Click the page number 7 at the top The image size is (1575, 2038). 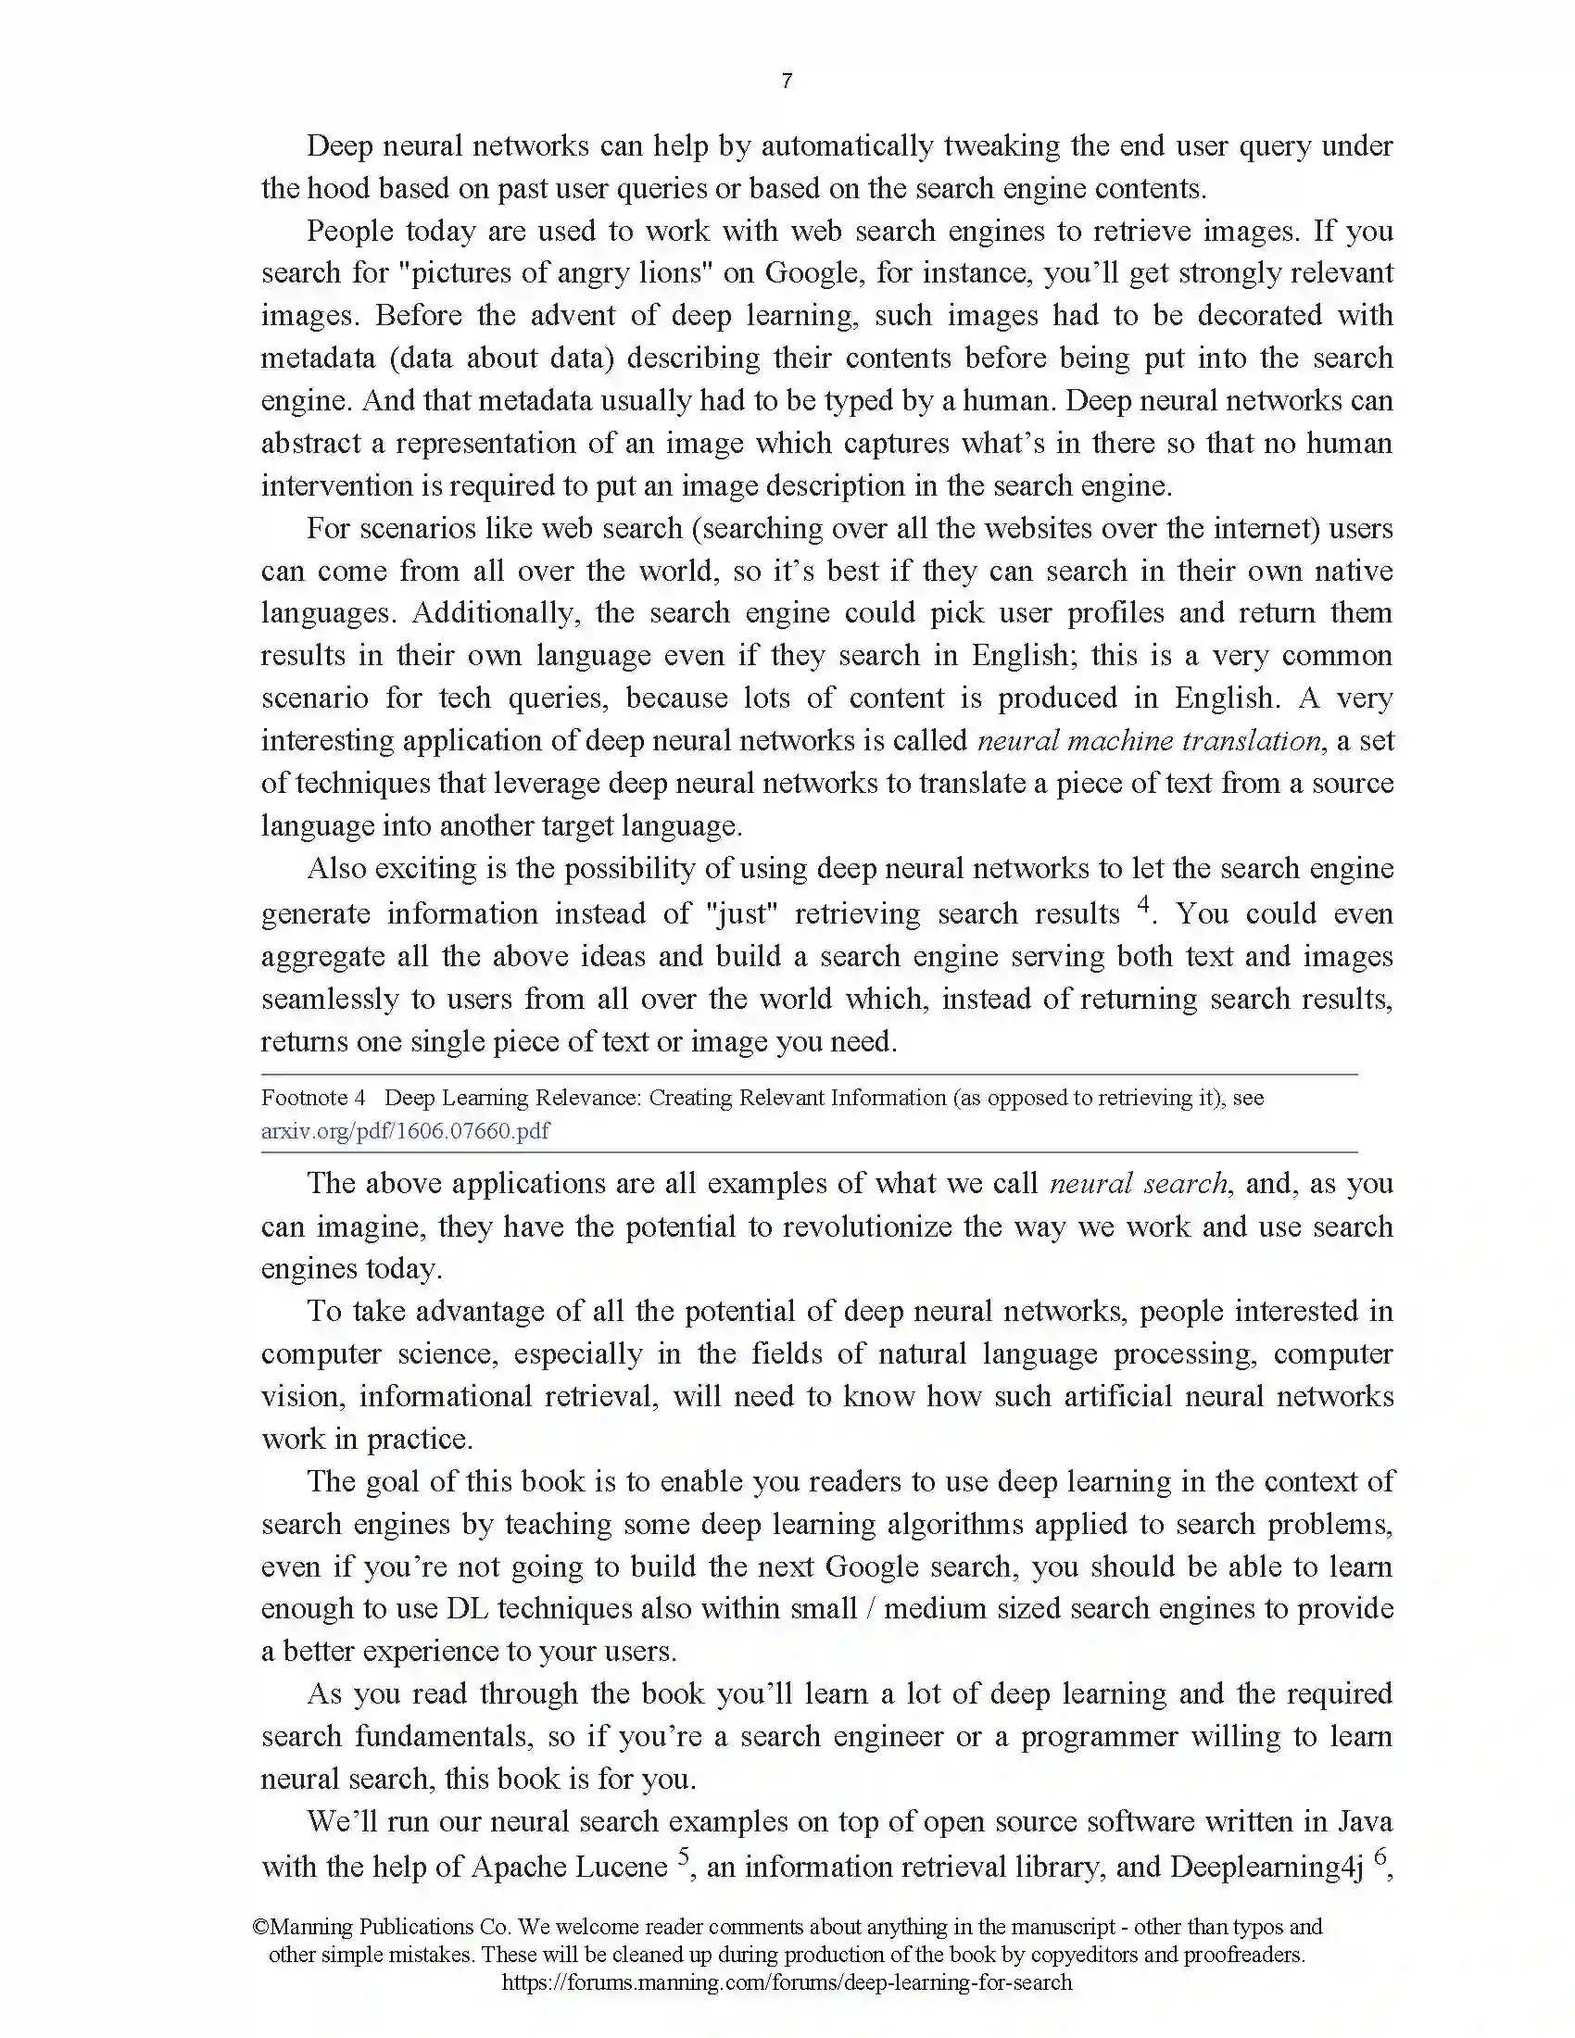coord(787,82)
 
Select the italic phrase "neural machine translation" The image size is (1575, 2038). coord(1150,741)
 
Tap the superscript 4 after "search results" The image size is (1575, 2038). coord(1143,903)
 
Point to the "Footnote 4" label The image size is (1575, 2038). coord(312,1098)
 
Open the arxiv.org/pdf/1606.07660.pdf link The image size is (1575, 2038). coord(405,1131)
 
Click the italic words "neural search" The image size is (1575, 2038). coord(1139,1183)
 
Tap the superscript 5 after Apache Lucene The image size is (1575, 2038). coord(684,1856)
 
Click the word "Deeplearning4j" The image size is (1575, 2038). coord(1266,1867)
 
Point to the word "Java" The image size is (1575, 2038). coord(1365,1821)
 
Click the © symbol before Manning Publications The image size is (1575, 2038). coord(260,1927)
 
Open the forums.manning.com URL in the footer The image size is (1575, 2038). coord(787,1982)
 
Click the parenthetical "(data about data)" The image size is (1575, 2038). coord(500,359)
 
